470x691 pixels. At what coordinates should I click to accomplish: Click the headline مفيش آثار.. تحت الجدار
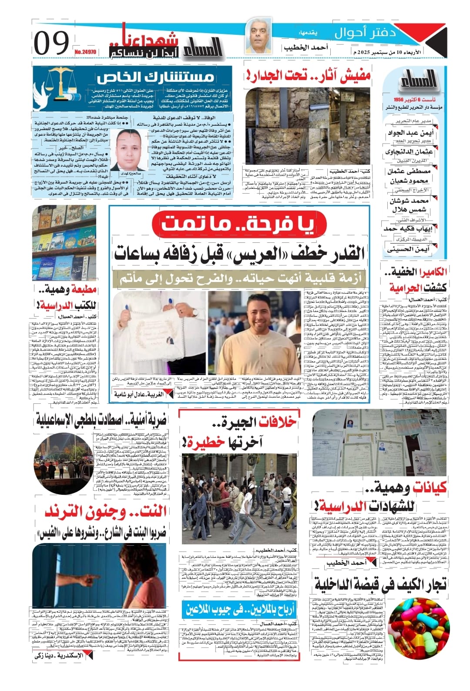pyautogui.click(x=308, y=76)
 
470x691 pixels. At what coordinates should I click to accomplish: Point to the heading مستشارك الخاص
pyautogui.click(x=155, y=77)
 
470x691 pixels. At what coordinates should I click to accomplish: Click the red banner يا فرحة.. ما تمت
pyautogui.click(x=238, y=224)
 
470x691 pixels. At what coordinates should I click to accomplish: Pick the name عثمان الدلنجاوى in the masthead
pyautogui.click(x=409, y=152)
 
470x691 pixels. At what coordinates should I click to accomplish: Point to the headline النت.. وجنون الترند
pyautogui.click(x=105, y=512)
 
